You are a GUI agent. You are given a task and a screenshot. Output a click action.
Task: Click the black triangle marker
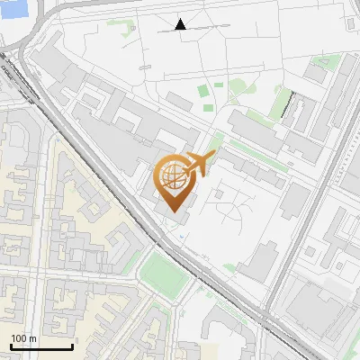(181, 24)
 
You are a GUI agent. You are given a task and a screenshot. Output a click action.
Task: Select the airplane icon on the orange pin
(200, 164)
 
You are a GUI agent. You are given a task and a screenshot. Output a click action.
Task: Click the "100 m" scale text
(24, 338)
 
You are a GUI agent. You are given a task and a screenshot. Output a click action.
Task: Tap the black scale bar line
(41, 346)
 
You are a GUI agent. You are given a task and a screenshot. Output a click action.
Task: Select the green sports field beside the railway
(164, 274)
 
